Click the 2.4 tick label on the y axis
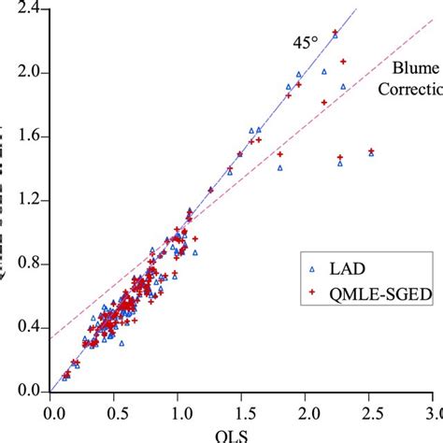27,9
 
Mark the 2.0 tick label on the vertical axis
27,73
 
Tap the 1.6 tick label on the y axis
27,136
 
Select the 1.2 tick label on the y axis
27,200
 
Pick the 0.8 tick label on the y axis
27,264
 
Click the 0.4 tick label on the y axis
27,327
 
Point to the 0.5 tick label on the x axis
114,411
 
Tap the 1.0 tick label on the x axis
178,411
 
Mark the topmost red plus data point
336,32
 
